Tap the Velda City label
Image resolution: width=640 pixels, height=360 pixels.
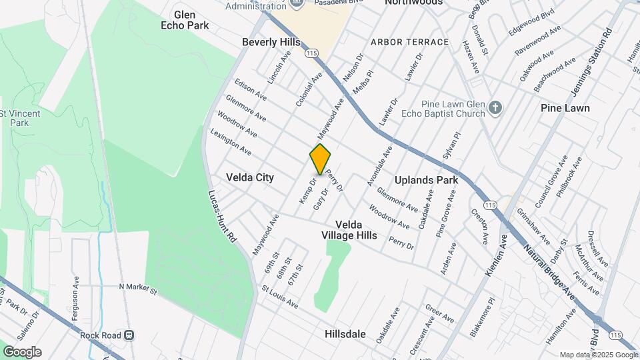pos(250,178)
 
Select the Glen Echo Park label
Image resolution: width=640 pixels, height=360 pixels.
pos(185,20)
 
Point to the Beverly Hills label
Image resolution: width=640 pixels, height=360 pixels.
pos(271,42)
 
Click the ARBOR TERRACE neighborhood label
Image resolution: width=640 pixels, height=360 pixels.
pos(410,42)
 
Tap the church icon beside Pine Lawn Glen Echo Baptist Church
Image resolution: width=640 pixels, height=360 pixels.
pos(495,107)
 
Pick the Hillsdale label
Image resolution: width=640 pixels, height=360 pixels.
pos(345,333)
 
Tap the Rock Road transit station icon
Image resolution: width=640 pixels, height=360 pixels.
pos(130,335)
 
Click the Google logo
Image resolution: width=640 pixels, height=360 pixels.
pos(22,351)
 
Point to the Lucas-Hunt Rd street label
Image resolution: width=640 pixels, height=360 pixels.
pos(222,215)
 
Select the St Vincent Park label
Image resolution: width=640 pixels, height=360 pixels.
pos(20,118)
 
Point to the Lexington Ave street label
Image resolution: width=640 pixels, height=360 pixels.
pos(231,142)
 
